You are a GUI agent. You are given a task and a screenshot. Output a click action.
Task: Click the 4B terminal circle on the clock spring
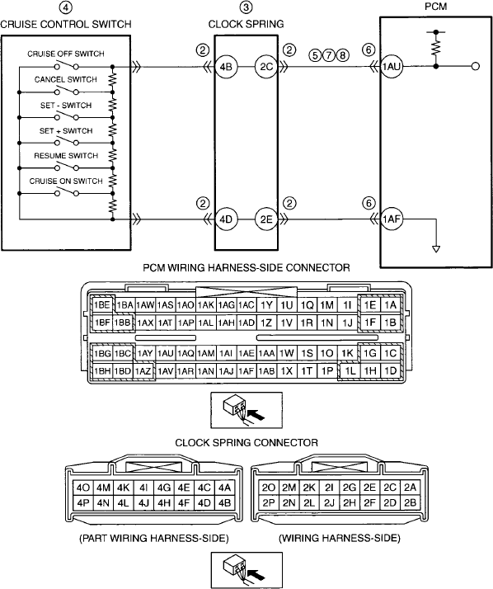[x=226, y=67]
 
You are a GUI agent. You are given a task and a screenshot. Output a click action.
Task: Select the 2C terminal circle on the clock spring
[x=266, y=67]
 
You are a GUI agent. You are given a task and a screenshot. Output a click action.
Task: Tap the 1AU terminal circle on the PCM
[x=392, y=67]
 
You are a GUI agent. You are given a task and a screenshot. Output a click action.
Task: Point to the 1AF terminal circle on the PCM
[x=392, y=219]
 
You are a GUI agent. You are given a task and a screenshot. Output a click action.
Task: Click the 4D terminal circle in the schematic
[x=226, y=219]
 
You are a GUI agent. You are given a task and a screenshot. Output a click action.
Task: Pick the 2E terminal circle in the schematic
[x=266, y=219]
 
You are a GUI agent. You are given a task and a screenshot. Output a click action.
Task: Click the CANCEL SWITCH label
[x=66, y=80]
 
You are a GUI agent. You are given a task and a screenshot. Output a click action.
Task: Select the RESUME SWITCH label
[x=66, y=156]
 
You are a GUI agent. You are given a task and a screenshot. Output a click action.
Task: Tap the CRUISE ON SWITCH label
[x=66, y=181]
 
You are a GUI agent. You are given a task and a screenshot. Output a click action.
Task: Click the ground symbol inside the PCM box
[x=436, y=249]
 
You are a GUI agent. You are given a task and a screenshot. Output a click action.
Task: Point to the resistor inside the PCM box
[x=435, y=48]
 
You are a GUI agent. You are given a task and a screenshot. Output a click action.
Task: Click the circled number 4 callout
[x=66, y=8]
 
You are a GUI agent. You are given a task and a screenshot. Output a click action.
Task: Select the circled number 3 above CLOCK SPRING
[x=246, y=7]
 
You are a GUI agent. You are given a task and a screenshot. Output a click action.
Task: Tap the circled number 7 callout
[x=329, y=55]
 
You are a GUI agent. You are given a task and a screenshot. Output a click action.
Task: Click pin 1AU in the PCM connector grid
[x=165, y=353]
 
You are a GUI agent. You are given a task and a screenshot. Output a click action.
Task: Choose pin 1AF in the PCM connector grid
[x=246, y=371]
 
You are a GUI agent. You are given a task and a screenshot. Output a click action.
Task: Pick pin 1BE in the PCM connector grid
[x=101, y=304]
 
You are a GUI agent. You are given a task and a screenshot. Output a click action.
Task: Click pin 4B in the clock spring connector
[x=224, y=503]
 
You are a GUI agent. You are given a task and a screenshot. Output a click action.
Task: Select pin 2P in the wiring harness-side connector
[x=269, y=503]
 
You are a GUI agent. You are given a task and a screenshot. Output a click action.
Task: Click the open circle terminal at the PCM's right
[x=476, y=67]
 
